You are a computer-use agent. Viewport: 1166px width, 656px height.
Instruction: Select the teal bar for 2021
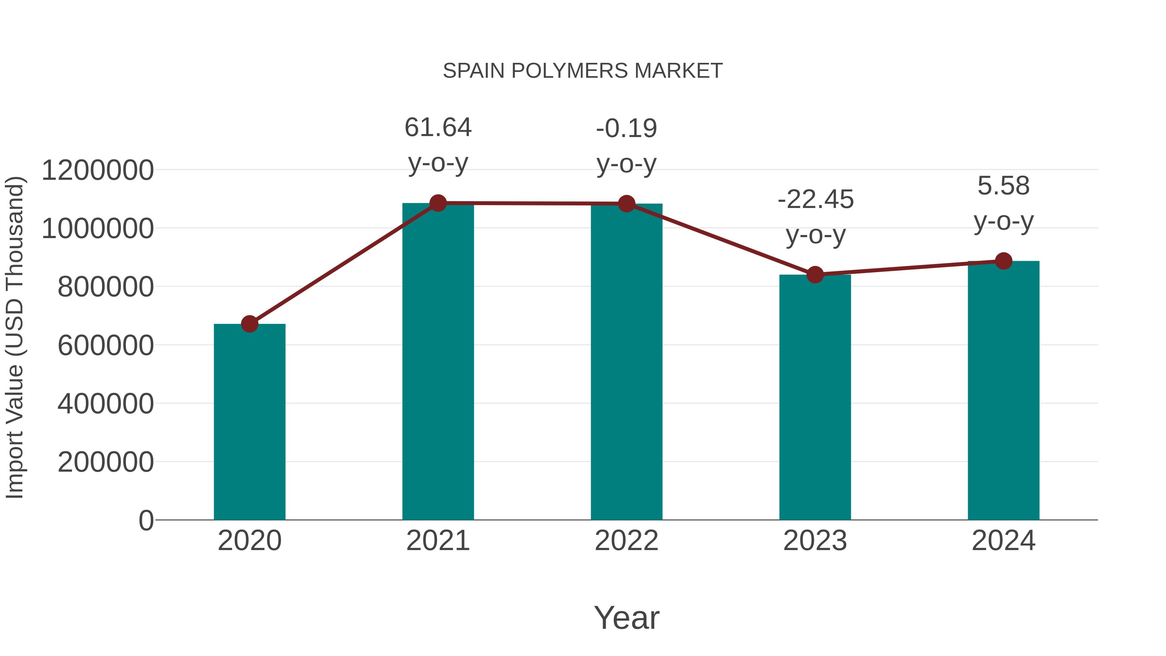point(438,362)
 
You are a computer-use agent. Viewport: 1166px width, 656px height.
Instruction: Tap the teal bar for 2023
point(815,397)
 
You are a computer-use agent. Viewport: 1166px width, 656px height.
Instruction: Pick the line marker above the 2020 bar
point(249,324)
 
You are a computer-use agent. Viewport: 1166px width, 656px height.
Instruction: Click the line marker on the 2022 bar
point(626,204)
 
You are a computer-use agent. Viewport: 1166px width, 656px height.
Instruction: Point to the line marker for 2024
point(1003,261)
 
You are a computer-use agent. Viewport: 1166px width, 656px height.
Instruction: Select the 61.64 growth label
point(438,127)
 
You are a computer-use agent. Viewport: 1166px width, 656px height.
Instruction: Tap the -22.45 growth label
point(815,199)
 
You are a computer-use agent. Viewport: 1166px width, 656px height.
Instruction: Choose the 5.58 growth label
point(1003,186)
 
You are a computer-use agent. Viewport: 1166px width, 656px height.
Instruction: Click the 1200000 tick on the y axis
point(97,171)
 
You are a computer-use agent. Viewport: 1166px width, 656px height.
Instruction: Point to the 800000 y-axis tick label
point(106,287)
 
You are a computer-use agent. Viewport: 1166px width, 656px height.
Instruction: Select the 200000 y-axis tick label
point(106,462)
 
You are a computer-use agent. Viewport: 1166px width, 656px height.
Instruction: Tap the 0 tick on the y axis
point(146,521)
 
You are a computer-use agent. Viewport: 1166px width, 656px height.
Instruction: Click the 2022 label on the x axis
point(626,541)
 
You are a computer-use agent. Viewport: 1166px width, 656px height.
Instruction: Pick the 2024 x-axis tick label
point(1003,541)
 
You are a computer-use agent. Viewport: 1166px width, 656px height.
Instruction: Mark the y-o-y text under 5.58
point(1003,222)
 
